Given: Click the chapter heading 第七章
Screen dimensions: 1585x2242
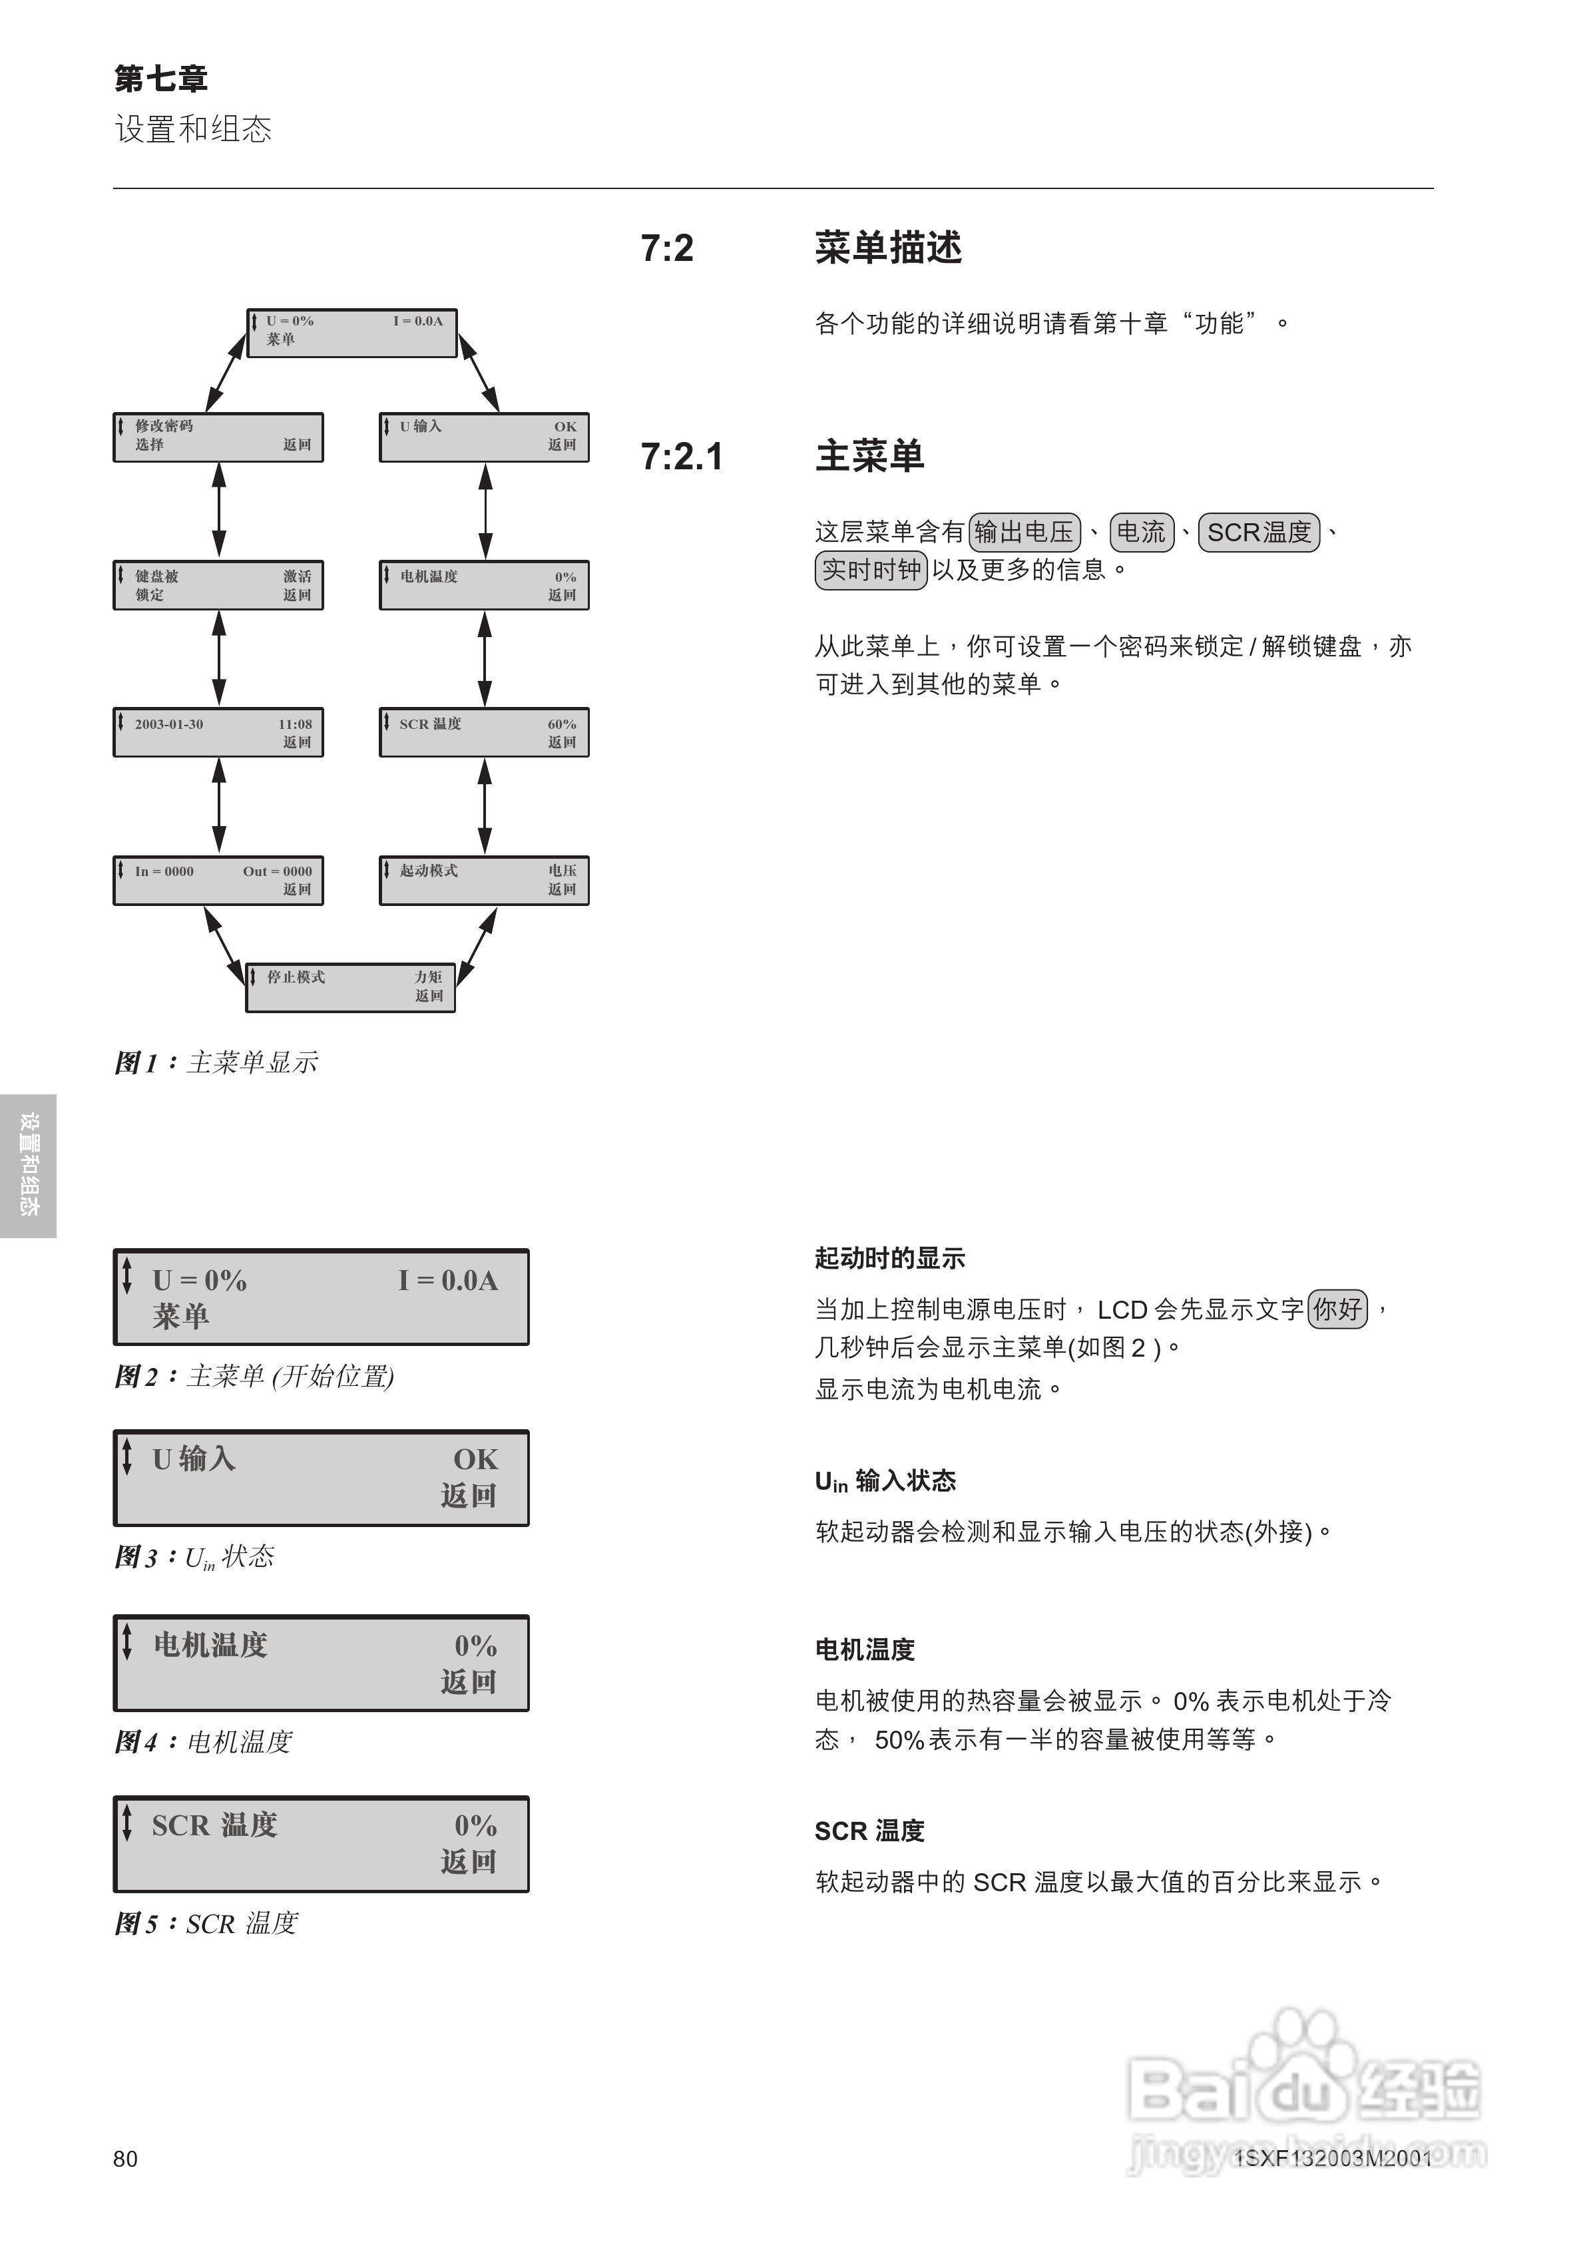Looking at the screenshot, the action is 160,78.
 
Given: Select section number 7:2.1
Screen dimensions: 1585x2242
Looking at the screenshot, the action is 681,456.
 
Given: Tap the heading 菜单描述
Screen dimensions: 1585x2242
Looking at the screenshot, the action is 888,248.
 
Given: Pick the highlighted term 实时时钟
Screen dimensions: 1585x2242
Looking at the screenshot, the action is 870,569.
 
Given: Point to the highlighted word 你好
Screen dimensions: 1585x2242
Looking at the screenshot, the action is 1337,1309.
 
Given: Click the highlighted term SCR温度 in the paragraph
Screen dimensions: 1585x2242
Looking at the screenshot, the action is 1258,532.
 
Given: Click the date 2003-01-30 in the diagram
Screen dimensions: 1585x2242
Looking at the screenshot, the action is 169,724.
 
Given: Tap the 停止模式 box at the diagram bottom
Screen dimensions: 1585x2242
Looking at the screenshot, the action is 349,987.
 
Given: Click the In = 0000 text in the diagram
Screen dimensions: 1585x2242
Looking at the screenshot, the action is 164,871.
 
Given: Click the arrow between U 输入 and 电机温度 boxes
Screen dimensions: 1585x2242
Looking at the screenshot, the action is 485,511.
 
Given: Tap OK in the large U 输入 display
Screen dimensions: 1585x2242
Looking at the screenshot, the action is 475,1459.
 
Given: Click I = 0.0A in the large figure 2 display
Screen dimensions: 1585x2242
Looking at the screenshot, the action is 447,1280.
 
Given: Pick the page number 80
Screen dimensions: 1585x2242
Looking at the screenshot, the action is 125,2159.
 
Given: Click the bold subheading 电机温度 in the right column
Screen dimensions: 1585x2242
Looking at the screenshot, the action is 864,1650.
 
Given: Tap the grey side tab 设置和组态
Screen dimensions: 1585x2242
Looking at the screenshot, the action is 29,1165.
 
